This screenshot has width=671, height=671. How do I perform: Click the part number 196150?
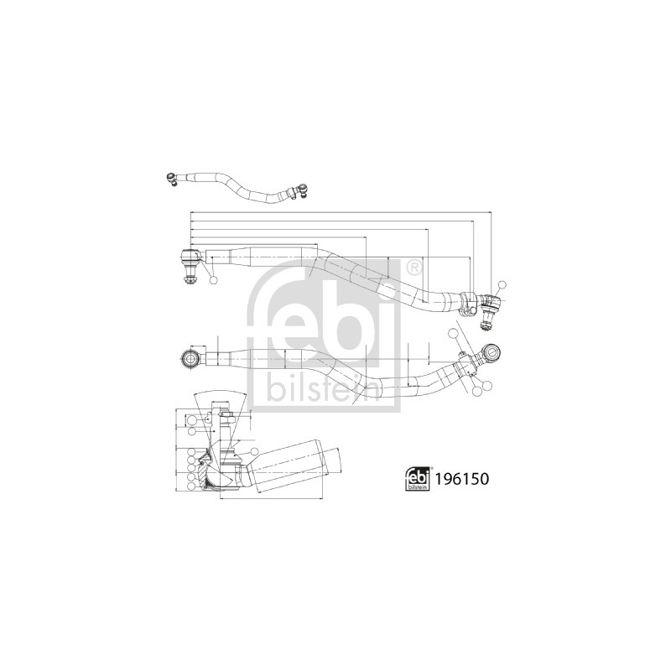461,479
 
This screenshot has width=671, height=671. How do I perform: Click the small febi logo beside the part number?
418,479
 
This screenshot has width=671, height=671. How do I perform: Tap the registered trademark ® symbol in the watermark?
413,268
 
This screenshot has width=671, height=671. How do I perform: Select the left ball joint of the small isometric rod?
172,179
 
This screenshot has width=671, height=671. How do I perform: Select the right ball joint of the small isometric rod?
302,190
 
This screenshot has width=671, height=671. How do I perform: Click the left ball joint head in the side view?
191,256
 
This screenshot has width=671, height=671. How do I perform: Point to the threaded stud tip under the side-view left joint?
190,280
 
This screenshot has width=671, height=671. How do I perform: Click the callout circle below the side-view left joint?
214,280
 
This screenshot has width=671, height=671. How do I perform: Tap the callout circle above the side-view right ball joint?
502,285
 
